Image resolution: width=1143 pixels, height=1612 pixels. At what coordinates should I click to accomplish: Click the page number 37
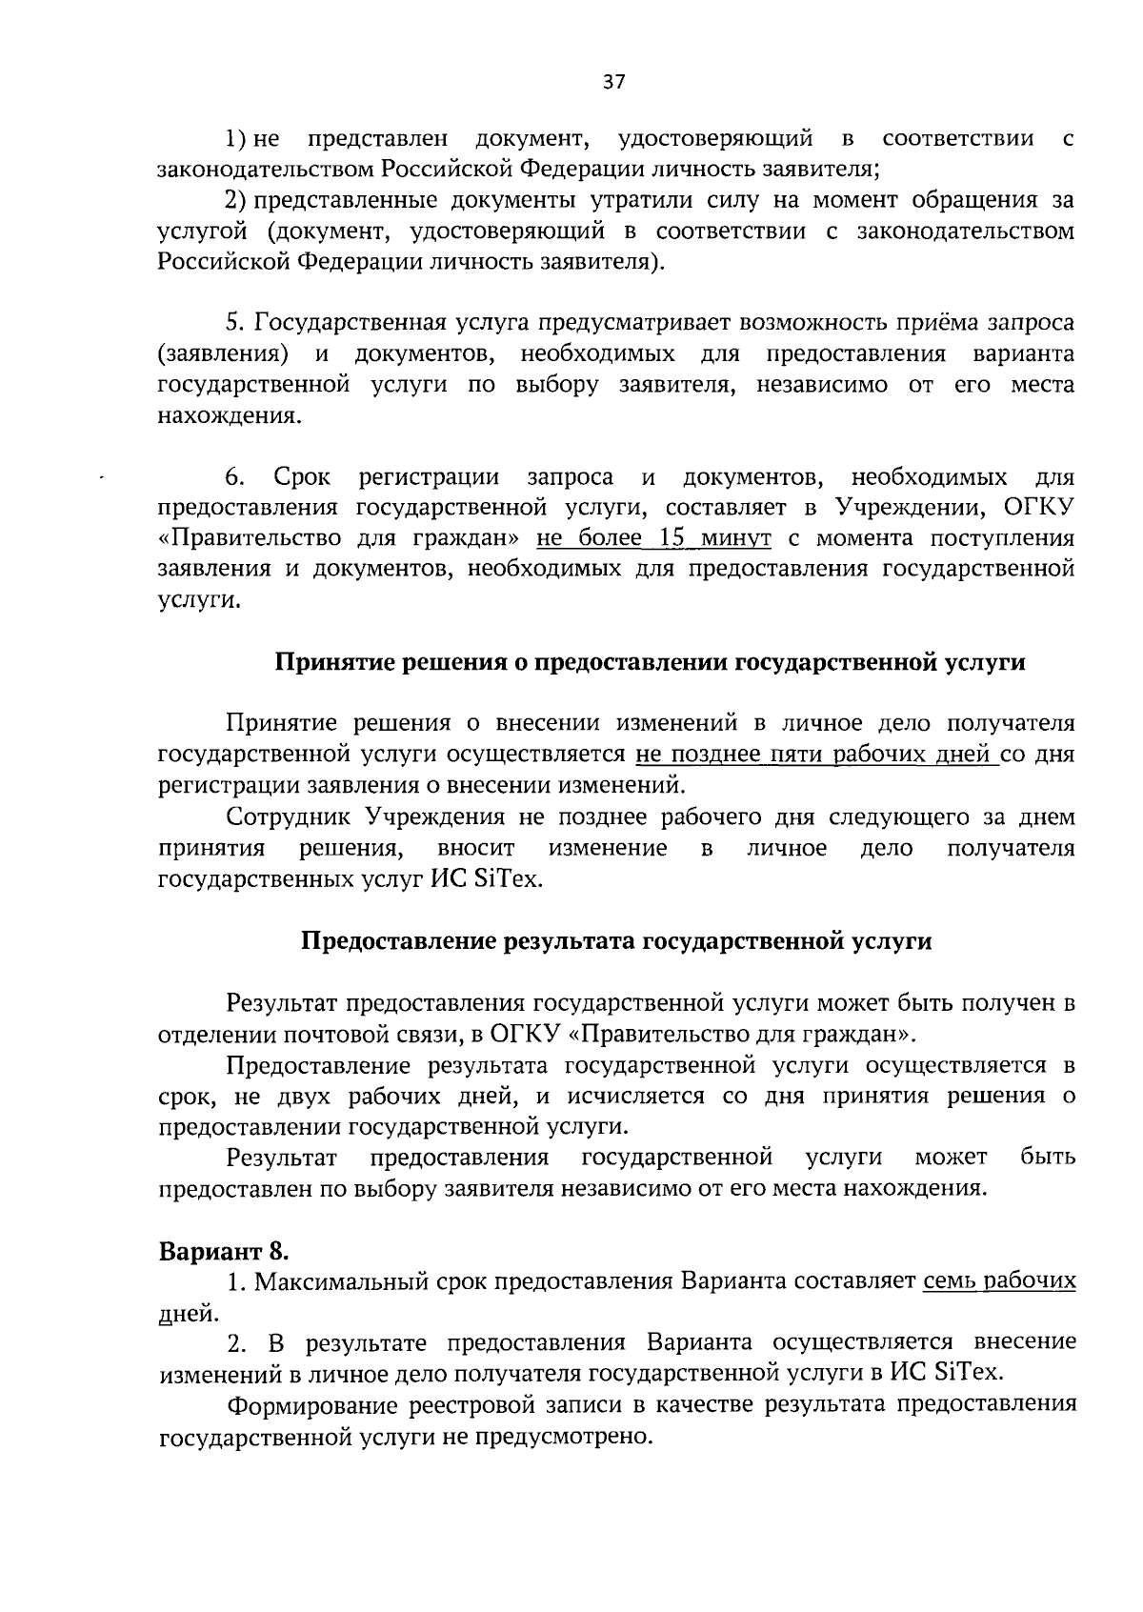(613, 82)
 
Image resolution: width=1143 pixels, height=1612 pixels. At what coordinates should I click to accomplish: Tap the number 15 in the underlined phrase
(672, 538)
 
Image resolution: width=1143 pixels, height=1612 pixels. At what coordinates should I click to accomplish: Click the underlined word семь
(948, 1281)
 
